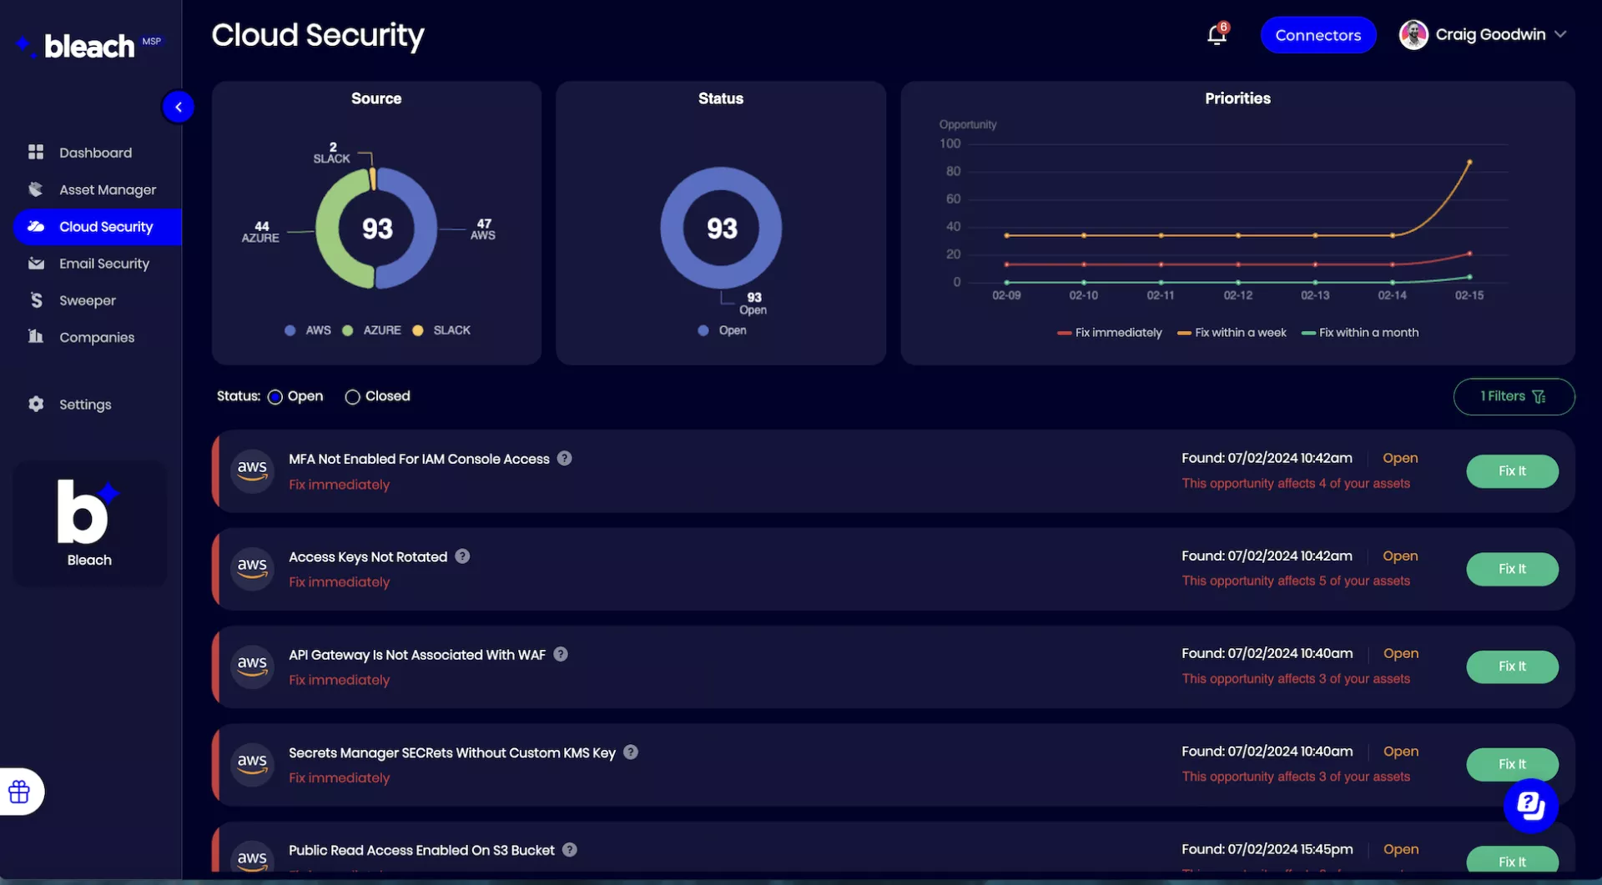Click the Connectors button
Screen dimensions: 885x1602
coord(1317,35)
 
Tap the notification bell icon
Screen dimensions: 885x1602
coord(1217,35)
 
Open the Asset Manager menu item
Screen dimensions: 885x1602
coord(107,190)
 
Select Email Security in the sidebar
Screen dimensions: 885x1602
coord(103,264)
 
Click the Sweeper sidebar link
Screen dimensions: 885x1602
coord(87,300)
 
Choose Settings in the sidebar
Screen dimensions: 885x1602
coord(84,405)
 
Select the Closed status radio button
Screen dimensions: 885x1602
coord(353,397)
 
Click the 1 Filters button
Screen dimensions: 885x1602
coord(1514,397)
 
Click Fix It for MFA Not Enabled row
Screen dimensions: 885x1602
coord(1512,471)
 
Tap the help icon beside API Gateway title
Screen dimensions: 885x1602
coord(561,655)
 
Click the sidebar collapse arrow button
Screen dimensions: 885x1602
coord(178,107)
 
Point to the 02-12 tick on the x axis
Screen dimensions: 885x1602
coord(1238,295)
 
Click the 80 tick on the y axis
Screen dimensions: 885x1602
coord(953,171)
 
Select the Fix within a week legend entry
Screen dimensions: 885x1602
coord(1232,333)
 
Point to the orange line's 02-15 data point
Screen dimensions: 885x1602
coord(1469,162)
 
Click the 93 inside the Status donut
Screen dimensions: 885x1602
coord(722,229)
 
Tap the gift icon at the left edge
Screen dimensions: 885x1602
coord(19,792)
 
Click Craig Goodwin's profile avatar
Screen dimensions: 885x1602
coord(1413,35)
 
